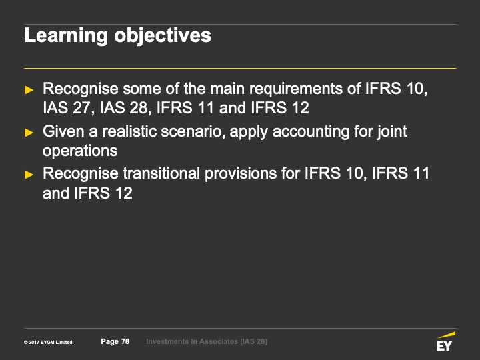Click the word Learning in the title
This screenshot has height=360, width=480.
[66, 36]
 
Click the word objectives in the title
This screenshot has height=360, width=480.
[163, 36]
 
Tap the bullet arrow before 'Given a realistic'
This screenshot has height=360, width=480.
[29, 133]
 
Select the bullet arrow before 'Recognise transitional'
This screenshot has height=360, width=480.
[29, 175]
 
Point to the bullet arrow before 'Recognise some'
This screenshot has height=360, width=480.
[29, 90]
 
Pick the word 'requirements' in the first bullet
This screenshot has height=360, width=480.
[296, 89]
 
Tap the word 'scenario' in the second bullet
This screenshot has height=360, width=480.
[193, 131]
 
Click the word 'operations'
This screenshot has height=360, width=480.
[80, 151]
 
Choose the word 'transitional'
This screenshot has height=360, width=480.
[161, 173]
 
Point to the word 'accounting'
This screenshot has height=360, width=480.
[311, 132]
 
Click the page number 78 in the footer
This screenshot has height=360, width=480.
[125, 341]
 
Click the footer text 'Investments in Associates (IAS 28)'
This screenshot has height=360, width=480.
[207, 341]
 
